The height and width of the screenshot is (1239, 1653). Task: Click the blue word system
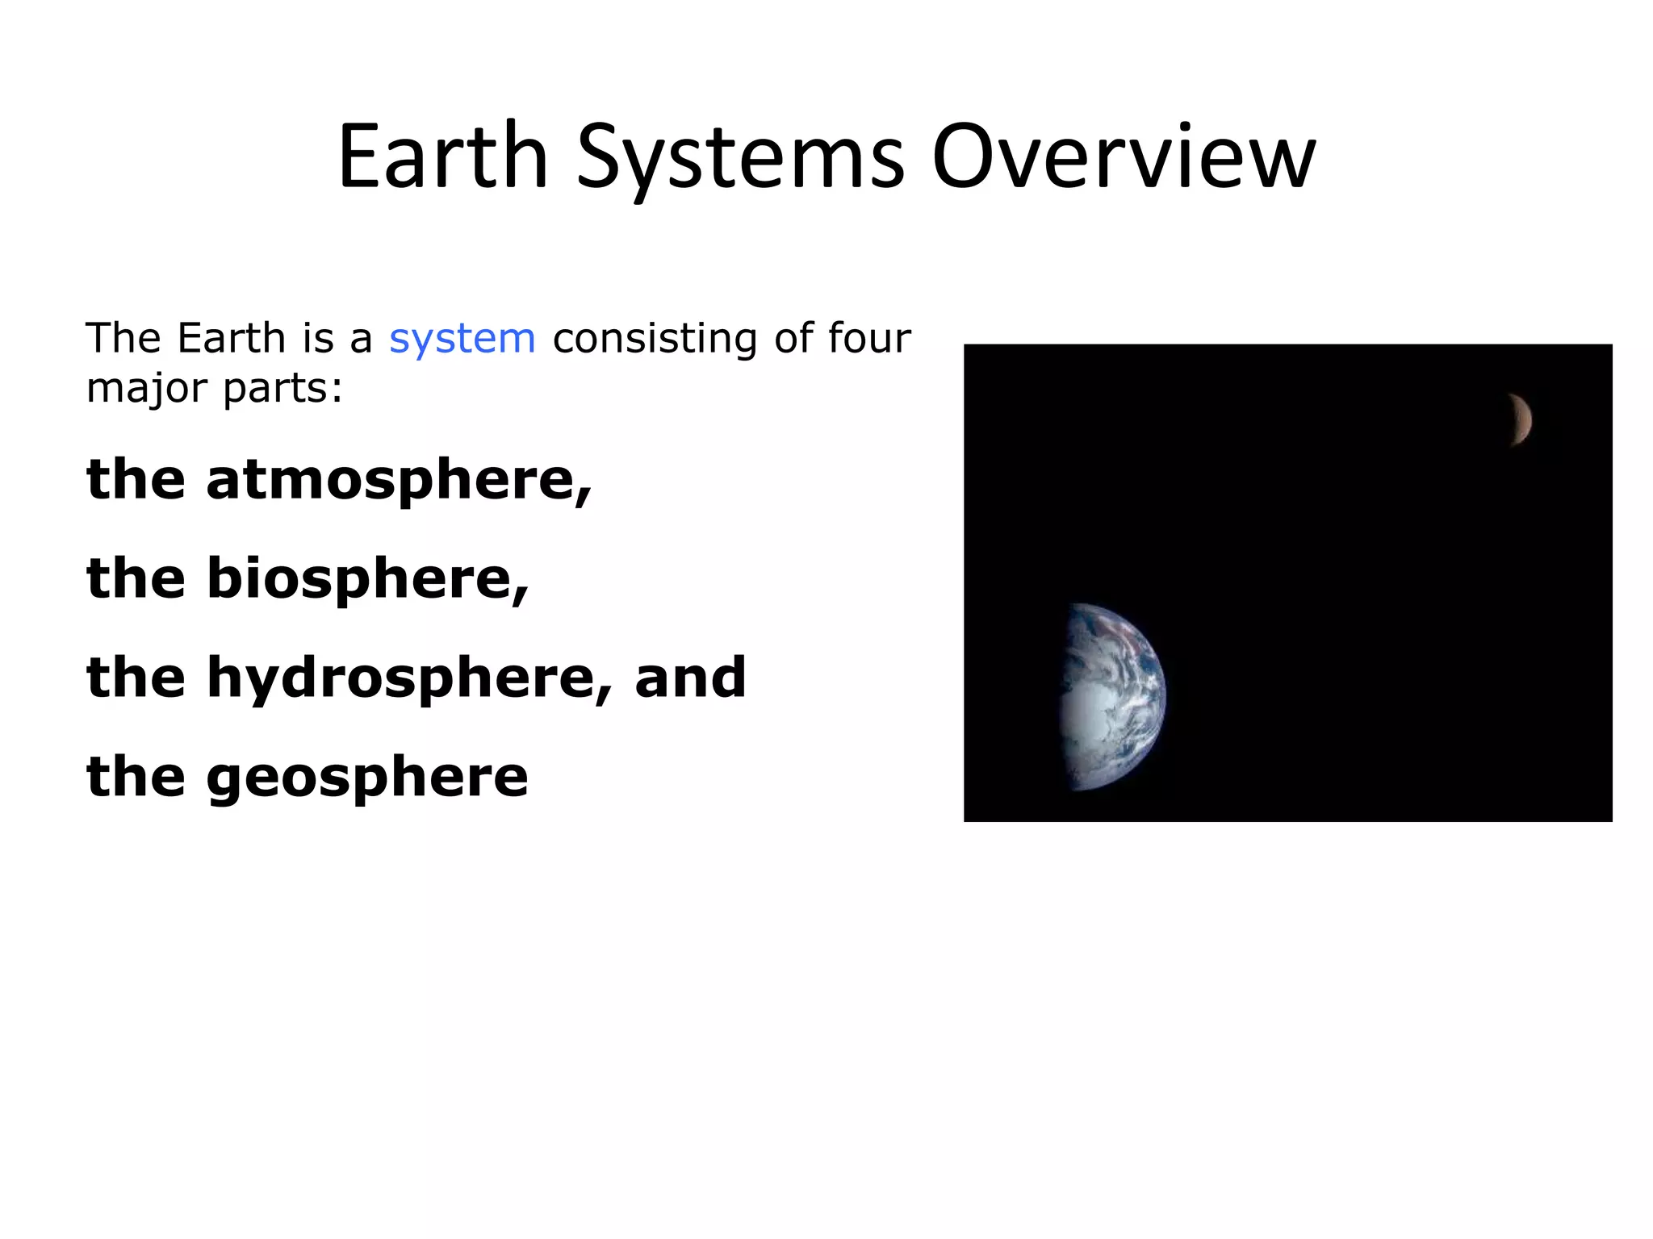[462, 339]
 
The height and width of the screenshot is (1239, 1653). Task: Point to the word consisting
[655, 339]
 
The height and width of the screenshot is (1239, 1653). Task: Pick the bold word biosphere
[367, 579]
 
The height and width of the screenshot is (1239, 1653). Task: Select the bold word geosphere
[367, 777]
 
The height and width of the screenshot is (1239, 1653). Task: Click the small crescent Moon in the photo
[1521, 419]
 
